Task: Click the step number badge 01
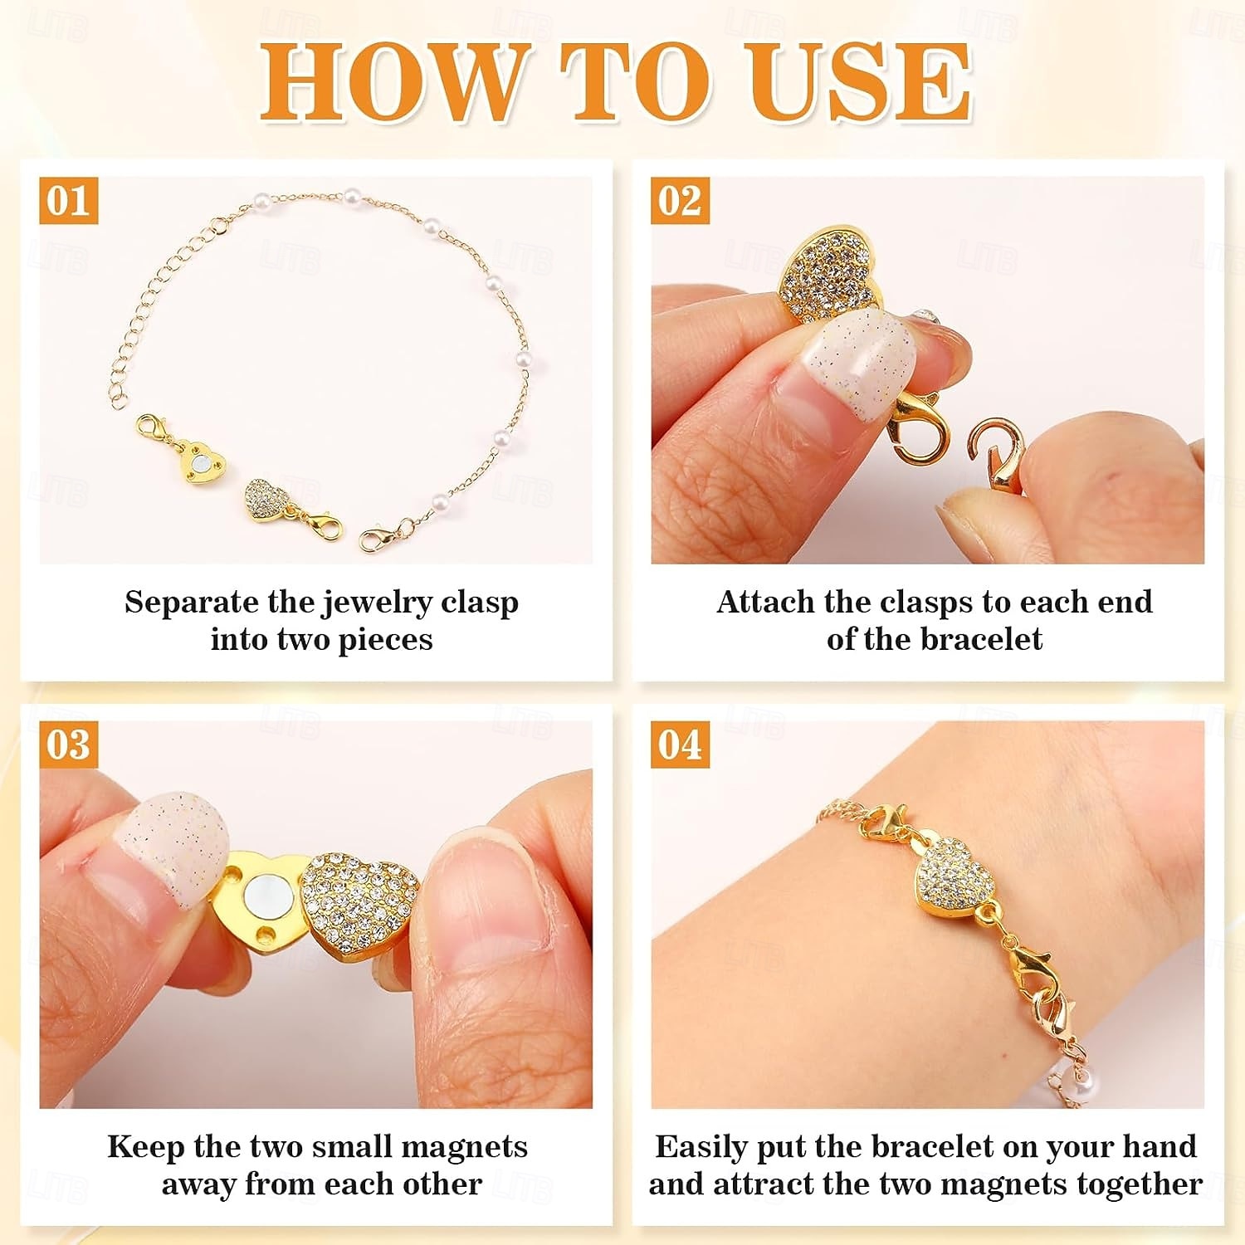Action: point(68,200)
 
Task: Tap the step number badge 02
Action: point(680,200)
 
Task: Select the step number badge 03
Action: point(68,745)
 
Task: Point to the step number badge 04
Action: point(680,745)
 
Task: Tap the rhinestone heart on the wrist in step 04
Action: point(954,877)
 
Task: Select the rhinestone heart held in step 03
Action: point(359,899)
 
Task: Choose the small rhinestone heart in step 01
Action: point(267,500)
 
